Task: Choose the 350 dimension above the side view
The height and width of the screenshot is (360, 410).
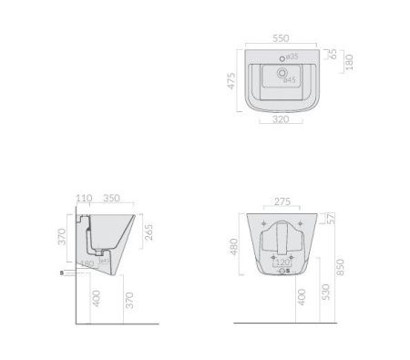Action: (x=112, y=198)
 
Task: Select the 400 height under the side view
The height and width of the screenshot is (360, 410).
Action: (x=94, y=299)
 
